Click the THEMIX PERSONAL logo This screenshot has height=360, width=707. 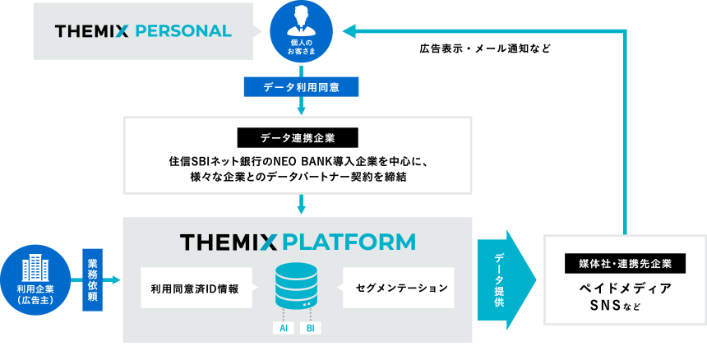click(x=143, y=31)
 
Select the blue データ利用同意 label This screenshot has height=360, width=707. click(x=301, y=86)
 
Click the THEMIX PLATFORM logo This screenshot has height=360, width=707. click(x=298, y=242)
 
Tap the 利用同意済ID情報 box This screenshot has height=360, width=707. click(x=195, y=288)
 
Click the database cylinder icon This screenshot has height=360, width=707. click(x=298, y=284)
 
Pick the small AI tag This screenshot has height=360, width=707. click(x=283, y=329)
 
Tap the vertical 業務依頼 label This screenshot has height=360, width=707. click(x=92, y=280)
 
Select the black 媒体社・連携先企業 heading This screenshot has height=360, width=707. click(x=625, y=264)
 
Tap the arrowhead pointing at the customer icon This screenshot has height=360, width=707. click(x=349, y=31)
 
